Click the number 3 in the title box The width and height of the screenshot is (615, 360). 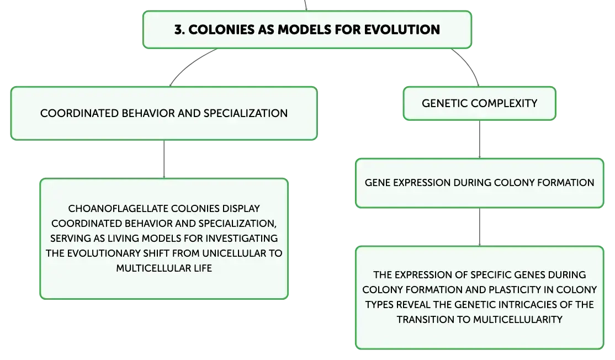coord(179,30)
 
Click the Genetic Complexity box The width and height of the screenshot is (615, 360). coord(479,104)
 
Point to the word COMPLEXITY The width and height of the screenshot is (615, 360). coord(504,104)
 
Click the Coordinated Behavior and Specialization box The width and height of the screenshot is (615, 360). coord(164,113)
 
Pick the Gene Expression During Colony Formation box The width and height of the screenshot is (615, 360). coord(479,183)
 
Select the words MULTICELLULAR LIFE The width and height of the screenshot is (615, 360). coord(164,268)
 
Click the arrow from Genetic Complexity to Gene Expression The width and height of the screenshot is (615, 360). coord(479,139)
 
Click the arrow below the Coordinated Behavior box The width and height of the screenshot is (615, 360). coord(164,159)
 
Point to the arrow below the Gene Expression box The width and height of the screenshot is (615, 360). coord(479,227)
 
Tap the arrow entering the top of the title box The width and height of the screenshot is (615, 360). coord(305,5)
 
